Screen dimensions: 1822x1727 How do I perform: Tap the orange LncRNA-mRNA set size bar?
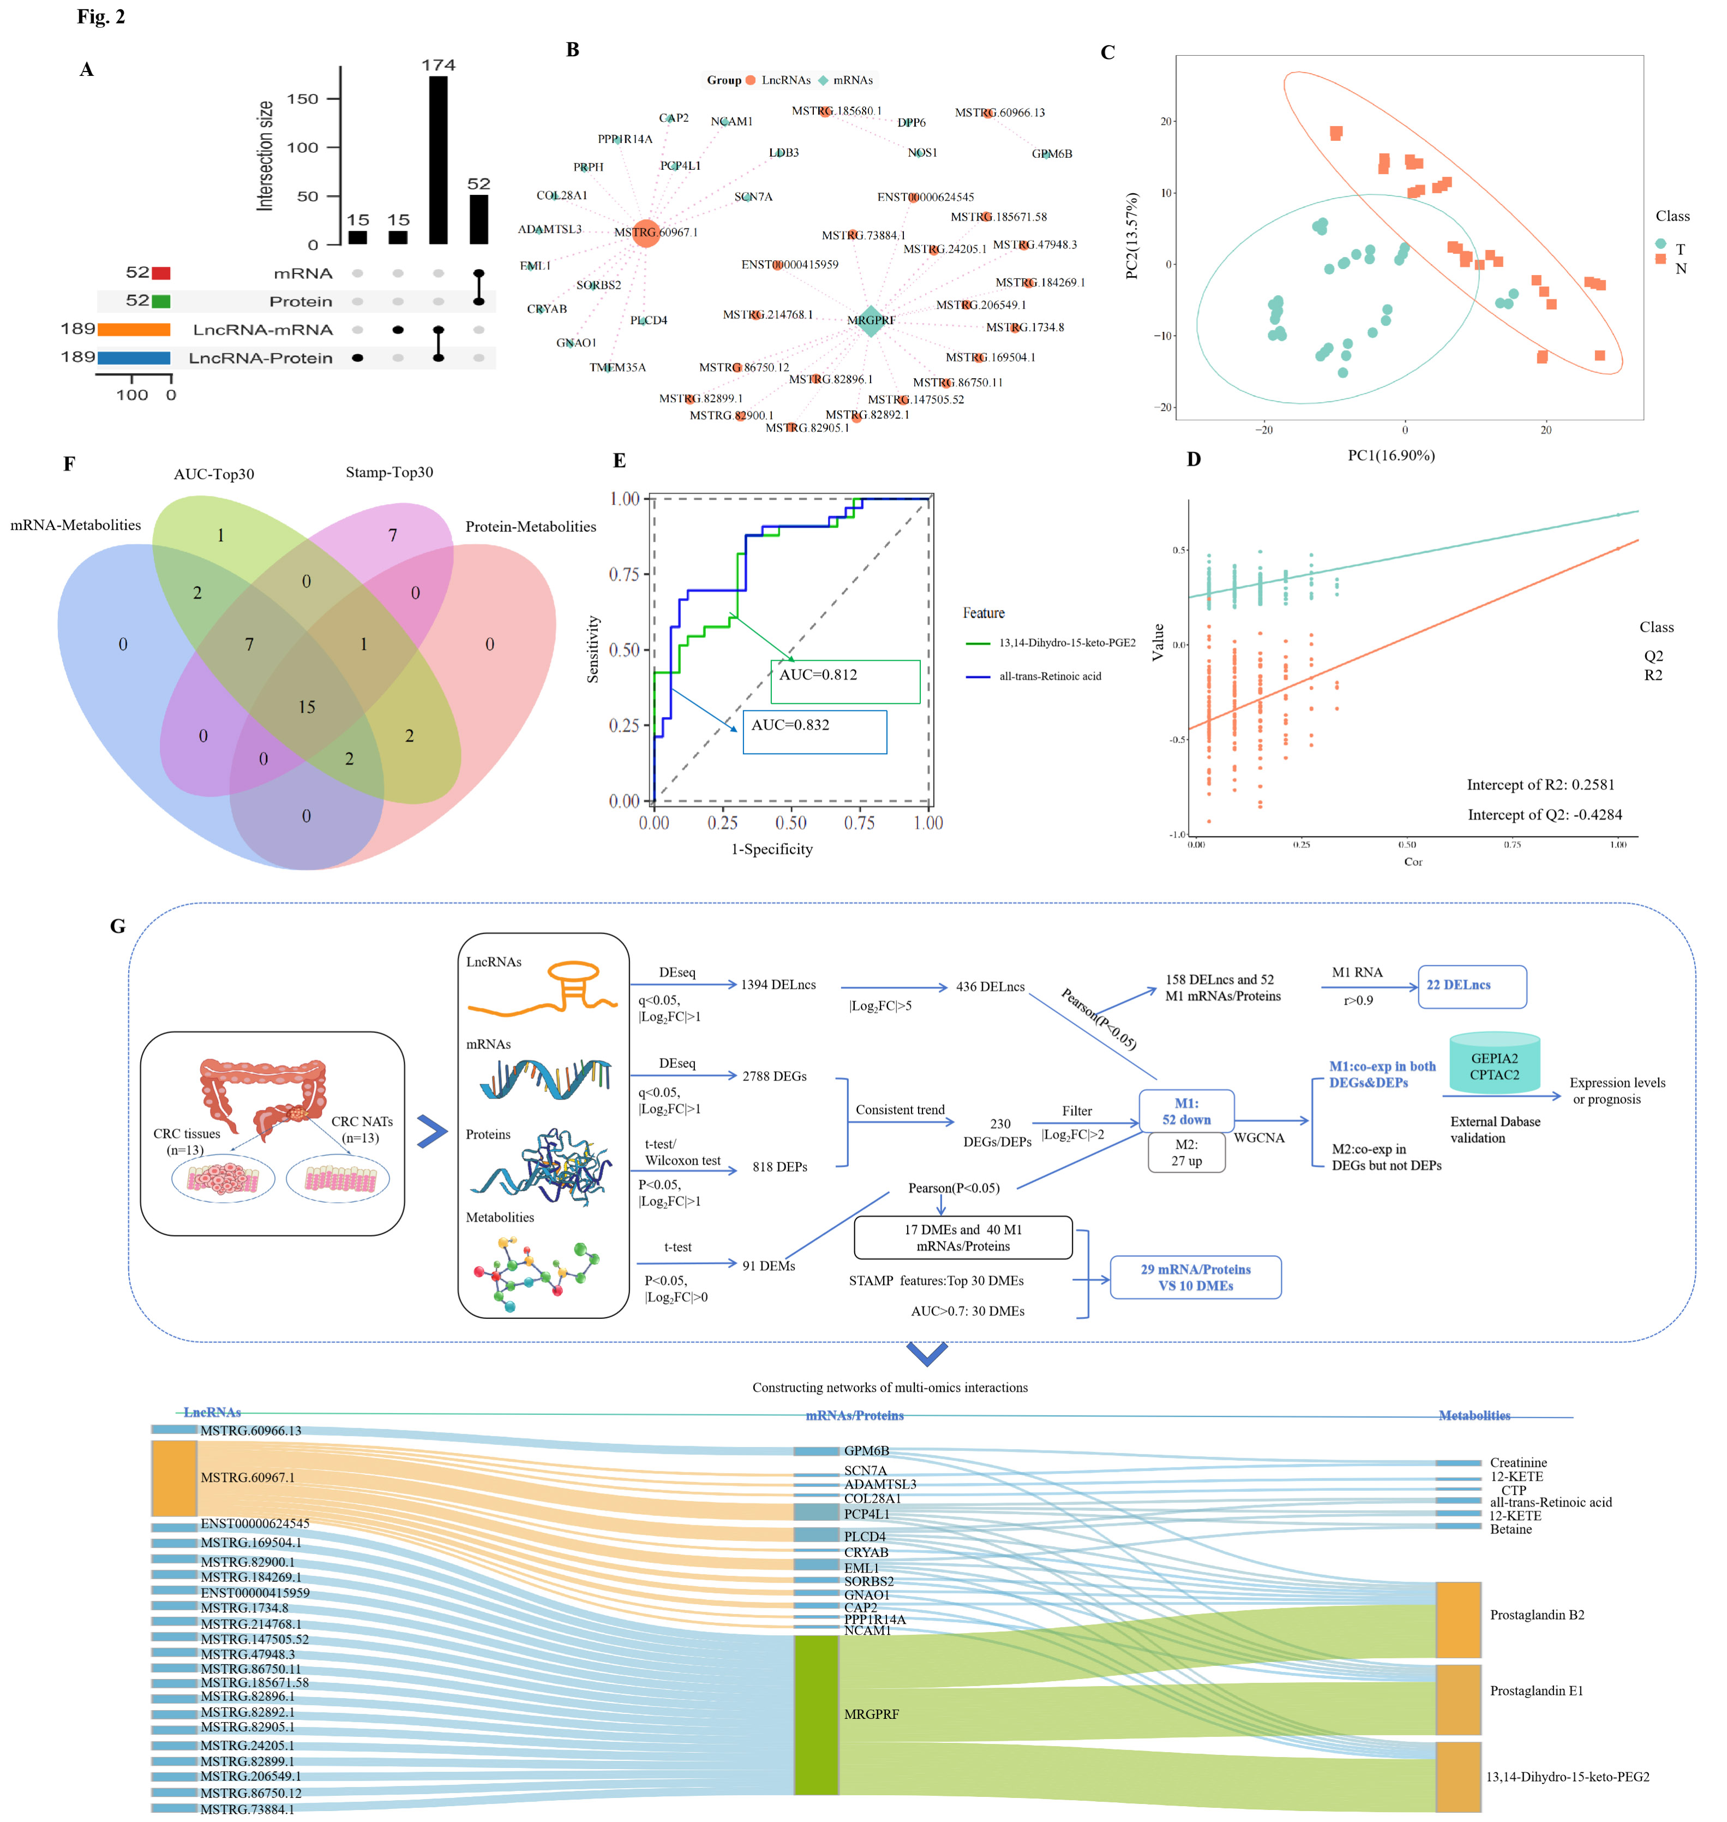coord(134,330)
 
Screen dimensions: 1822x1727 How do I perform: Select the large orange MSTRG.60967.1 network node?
coord(646,233)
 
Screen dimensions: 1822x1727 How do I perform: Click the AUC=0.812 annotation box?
coord(845,682)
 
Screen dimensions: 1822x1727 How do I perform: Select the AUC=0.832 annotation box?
coord(815,731)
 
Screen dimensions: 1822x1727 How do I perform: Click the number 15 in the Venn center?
coord(307,707)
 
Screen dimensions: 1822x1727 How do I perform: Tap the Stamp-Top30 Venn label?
coord(389,473)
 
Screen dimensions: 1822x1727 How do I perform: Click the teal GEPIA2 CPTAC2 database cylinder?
coord(1494,1064)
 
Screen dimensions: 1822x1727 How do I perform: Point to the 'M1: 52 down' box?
coord(1186,1111)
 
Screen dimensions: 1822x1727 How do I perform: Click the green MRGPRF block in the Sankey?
coord(817,1715)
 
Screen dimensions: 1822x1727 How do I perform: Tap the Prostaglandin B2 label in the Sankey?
coord(1537,1615)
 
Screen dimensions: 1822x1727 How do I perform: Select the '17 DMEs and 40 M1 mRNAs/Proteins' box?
coord(963,1238)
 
